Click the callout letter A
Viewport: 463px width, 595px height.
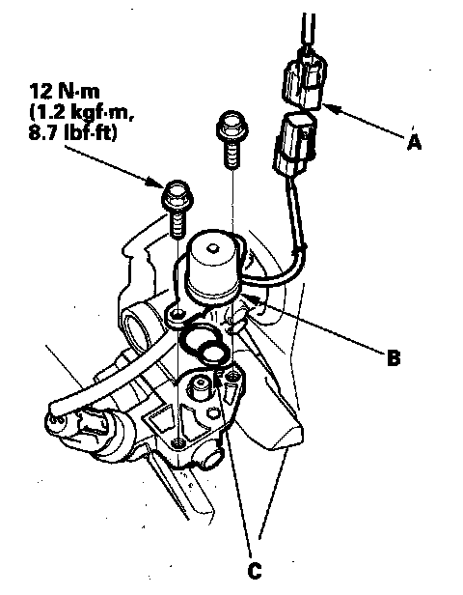[414, 142]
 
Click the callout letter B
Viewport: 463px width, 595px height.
[394, 357]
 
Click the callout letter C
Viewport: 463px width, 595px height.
[255, 570]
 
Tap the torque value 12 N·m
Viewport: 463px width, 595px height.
[65, 92]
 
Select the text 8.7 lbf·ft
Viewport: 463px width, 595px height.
[72, 132]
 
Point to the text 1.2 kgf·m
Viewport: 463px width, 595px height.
[81, 112]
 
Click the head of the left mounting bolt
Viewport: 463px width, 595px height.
[177, 195]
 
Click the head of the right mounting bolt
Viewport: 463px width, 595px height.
[232, 125]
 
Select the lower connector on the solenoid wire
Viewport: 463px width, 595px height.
[295, 145]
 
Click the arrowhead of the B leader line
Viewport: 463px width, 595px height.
[252, 298]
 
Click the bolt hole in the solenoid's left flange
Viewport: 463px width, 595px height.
[177, 314]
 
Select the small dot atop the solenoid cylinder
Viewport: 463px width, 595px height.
[212, 249]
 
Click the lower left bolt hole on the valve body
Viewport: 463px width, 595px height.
[177, 442]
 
